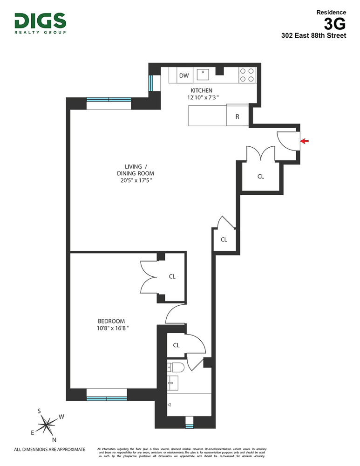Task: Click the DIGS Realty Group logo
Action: click(x=40, y=23)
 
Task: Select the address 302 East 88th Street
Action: click(x=313, y=35)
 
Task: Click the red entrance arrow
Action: click(x=305, y=141)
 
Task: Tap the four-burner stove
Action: click(x=247, y=75)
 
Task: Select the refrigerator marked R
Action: click(x=237, y=116)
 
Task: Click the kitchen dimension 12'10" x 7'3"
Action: click(x=201, y=97)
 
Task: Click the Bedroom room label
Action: click(x=111, y=321)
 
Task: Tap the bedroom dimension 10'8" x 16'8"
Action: click(x=111, y=328)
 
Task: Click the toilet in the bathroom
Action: click(x=176, y=368)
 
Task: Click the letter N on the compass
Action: click(x=54, y=439)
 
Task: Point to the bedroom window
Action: click(x=107, y=398)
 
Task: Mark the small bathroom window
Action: click(x=189, y=425)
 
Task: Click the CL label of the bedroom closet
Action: click(x=172, y=276)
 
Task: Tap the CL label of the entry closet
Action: click(x=261, y=177)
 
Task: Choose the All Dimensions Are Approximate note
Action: click(x=50, y=450)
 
